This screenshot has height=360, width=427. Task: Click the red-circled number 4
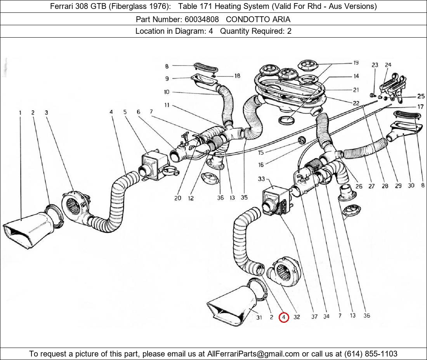pos(284,317)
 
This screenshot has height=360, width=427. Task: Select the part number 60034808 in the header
pos(202,19)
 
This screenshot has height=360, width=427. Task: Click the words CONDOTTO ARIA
pos(258,19)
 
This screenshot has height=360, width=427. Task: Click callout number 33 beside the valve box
pos(261,179)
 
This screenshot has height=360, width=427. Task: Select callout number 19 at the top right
pos(356,63)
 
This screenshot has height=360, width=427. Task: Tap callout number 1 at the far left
pos(20,112)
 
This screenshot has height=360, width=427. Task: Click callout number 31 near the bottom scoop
pos(259,317)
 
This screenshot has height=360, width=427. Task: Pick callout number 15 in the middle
pos(260,153)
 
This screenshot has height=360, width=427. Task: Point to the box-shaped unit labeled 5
pos(153,165)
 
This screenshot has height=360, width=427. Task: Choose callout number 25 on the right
pos(421,96)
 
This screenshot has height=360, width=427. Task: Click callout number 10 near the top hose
pos(167,92)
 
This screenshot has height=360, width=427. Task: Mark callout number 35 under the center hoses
pos(244,197)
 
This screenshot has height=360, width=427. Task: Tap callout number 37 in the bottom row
pos(314,317)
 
